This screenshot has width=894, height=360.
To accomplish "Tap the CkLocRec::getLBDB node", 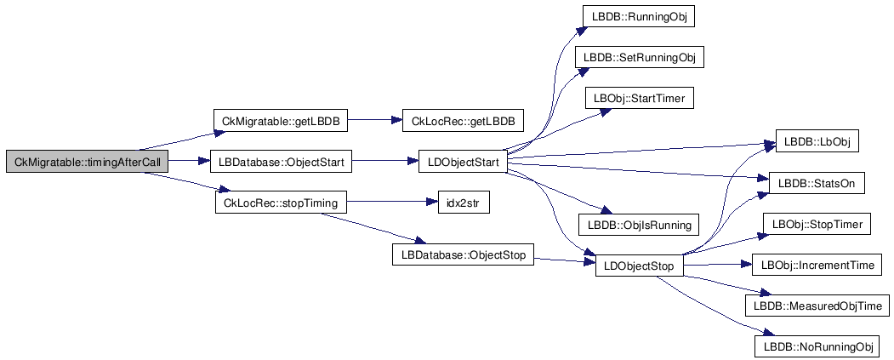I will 463,122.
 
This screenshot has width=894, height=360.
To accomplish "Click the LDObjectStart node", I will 463,162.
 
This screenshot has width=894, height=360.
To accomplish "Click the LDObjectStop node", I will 638,266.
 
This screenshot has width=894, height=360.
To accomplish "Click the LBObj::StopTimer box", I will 817,225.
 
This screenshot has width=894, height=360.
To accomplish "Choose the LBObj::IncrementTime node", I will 817,266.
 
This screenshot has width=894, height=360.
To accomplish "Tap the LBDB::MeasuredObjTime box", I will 817,306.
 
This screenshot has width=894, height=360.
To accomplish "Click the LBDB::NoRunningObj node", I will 817,346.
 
